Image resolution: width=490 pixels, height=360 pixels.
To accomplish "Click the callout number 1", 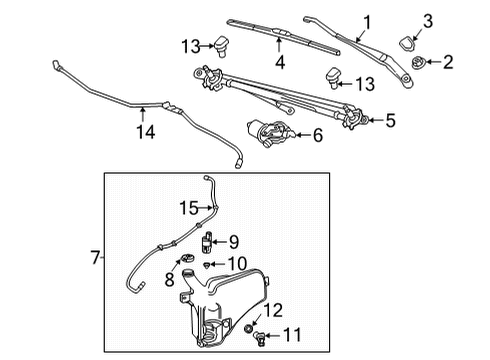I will coord(367,21).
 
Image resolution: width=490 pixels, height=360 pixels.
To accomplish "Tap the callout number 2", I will coord(447,63).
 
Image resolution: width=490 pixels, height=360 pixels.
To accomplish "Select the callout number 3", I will coord(427,21).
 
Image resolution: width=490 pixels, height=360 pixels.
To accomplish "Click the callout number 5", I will coord(390,120).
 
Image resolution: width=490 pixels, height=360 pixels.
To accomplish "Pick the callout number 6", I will coord(318,134).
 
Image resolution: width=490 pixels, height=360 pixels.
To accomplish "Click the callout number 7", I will coord(95,258).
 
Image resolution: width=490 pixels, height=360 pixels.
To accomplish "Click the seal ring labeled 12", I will coord(248,328).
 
